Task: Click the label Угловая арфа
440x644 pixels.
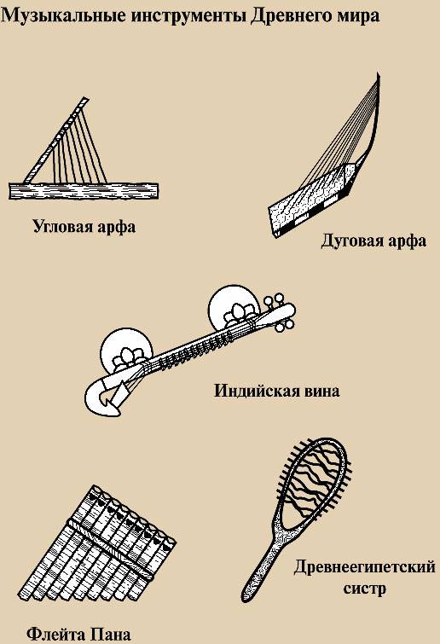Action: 84,227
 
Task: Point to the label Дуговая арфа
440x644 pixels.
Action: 373,241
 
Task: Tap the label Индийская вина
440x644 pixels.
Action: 277,390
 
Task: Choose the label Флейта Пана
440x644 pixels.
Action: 78,634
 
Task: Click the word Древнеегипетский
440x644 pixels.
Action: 364,567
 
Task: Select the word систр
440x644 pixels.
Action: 364,589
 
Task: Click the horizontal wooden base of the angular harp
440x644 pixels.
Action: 84,191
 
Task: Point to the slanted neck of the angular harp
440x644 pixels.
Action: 55,140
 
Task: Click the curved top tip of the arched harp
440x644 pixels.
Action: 378,76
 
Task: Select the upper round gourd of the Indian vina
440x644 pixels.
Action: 234,309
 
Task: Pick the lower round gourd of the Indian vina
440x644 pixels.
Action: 126,352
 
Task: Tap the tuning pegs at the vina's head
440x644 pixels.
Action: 278,311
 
